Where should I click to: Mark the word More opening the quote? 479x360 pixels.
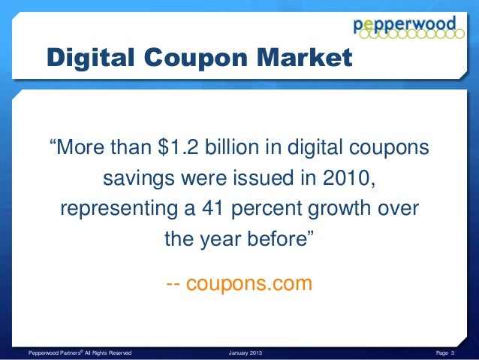[82, 148]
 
